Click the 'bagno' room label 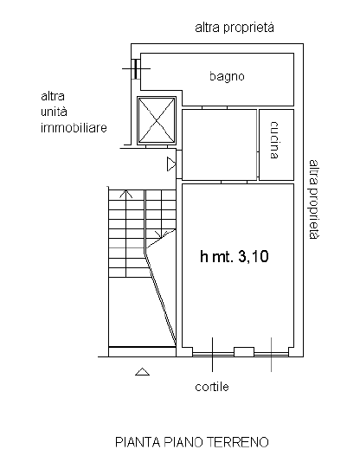[x=227, y=76]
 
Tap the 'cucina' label [x=274, y=140]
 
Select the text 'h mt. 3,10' [x=235, y=257]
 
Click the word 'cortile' [x=212, y=387]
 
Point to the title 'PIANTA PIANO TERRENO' [x=192, y=442]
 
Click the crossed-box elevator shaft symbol [x=157, y=120]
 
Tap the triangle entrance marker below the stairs [x=142, y=372]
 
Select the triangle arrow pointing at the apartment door [x=171, y=164]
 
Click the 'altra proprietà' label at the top [x=235, y=28]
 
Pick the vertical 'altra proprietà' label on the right [x=314, y=199]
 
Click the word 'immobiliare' [x=74, y=128]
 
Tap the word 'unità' [x=54, y=112]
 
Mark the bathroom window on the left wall [x=136, y=68]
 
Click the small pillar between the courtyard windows [x=244, y=352]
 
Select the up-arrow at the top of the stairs [x=125, y=194]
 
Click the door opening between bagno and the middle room [x=215, y=107]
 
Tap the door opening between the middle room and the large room [x=234, y=182]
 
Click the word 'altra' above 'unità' [x=53, y=96]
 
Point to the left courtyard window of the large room [x=214, y=354]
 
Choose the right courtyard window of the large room [x=271, y=354]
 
